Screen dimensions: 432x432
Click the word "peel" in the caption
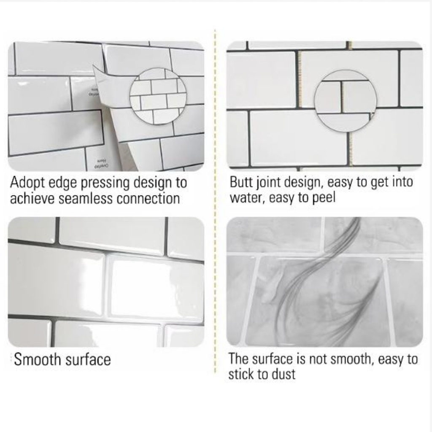click(x=323, y=197)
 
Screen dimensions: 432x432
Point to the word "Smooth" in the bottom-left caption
click(x=38, y=359)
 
